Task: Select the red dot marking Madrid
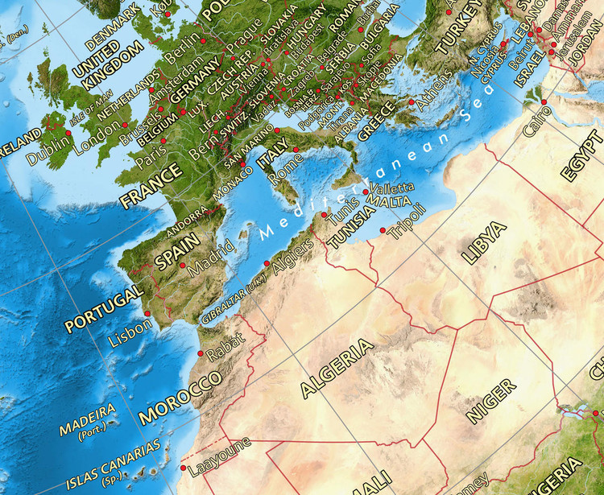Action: pyautogui.click(x=183, y=265)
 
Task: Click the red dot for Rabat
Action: pyautogui.click(x=200, y=353)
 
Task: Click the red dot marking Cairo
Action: pyautogui.click(x=544, y=101)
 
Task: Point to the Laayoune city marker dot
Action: pyautogui.click(x=184, y=468)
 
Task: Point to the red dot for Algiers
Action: pyautogui.click(x=267, y=262)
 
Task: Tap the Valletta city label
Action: pyautogui.click(x=393, y=187)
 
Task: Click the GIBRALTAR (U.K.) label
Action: pyautogui.click(x=234, y=303)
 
